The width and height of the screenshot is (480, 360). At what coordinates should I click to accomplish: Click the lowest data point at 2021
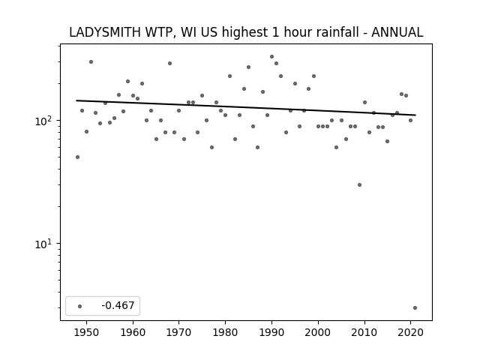415,308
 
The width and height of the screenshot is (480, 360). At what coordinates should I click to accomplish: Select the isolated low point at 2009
359,185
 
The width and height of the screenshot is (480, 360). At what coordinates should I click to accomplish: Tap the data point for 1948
77,157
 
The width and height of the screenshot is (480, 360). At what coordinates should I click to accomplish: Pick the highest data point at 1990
271,57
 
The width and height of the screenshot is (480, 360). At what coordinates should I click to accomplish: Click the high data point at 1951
91,61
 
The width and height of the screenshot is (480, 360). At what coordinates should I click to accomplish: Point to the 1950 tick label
87,332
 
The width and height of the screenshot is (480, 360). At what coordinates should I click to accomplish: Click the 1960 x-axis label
133,332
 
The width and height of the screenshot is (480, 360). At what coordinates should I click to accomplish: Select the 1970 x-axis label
178,332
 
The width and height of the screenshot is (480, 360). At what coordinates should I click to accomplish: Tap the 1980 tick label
225,332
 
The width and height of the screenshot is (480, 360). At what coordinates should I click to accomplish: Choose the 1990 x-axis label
271,332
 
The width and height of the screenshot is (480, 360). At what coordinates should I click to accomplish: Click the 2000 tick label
318,332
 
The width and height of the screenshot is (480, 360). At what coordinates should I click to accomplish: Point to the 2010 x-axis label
364,332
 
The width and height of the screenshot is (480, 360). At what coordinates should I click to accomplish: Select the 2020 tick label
410,332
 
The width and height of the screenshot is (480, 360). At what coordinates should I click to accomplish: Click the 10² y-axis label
43,121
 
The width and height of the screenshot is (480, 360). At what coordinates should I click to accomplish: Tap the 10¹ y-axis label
43,244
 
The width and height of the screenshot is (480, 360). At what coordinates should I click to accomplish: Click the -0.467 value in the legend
118,305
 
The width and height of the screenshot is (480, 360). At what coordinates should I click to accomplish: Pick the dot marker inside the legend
79,306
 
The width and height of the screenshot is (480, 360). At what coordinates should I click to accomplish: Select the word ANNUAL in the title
397,32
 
